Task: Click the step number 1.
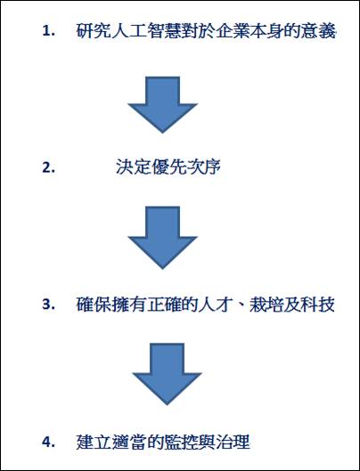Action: coord(48,31)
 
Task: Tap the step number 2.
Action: coord(48,167)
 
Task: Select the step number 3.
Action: coord(48,305)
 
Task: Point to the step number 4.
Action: coord(48,443)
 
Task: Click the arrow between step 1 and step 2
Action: coord(162,104)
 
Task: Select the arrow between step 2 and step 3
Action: coord(162,238)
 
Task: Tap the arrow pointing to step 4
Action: coord(167,374)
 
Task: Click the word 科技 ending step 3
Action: coord(318,305)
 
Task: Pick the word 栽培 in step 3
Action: coord(266,305)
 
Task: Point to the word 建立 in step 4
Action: coord(94,443)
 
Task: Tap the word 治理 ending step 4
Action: coord(233,443)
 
